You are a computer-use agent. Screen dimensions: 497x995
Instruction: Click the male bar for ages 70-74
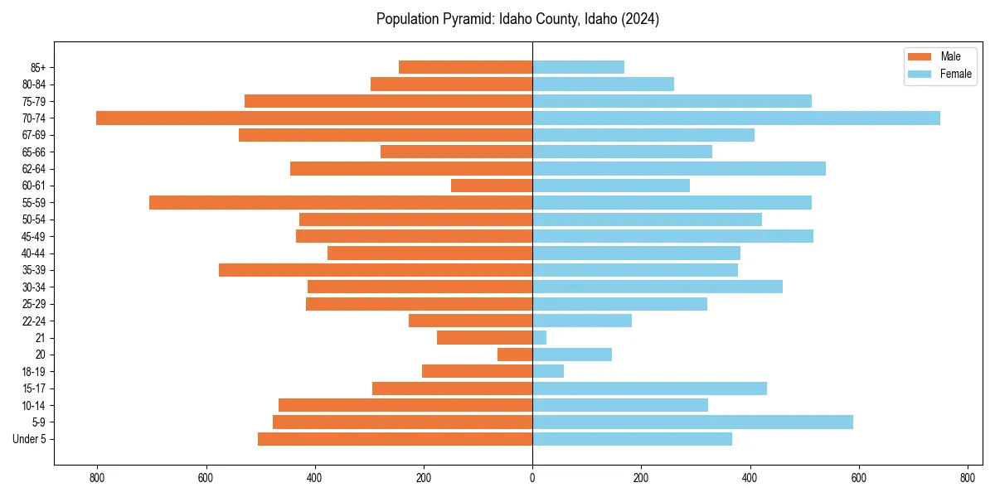point(314,118)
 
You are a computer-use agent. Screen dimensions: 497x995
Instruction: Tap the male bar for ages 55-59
point(341,202)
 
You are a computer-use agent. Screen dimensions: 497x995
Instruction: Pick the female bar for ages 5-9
point(692,422)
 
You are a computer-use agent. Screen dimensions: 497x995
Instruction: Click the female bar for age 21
point(540,337)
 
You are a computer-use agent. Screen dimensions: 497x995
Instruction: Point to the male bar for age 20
point(515,355)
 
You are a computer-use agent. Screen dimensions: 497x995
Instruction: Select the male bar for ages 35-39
point(376,270)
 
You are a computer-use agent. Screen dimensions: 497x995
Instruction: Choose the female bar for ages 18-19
point(548,371)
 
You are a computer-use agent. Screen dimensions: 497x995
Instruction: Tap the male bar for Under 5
point(395,439)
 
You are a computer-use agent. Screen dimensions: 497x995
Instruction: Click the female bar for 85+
point(578,67)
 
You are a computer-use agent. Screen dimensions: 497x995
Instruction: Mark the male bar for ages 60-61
point(492,186)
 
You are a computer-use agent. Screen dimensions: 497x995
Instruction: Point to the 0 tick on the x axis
point(532,477)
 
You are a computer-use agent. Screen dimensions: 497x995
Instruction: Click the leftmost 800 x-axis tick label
point(97,477)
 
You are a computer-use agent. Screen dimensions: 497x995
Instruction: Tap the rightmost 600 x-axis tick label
point(858,477)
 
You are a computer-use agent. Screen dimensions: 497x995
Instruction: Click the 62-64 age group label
point(34,169)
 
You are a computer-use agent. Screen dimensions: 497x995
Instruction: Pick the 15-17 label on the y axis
point(34,388)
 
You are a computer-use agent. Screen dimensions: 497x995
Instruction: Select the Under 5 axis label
point(30,439)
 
